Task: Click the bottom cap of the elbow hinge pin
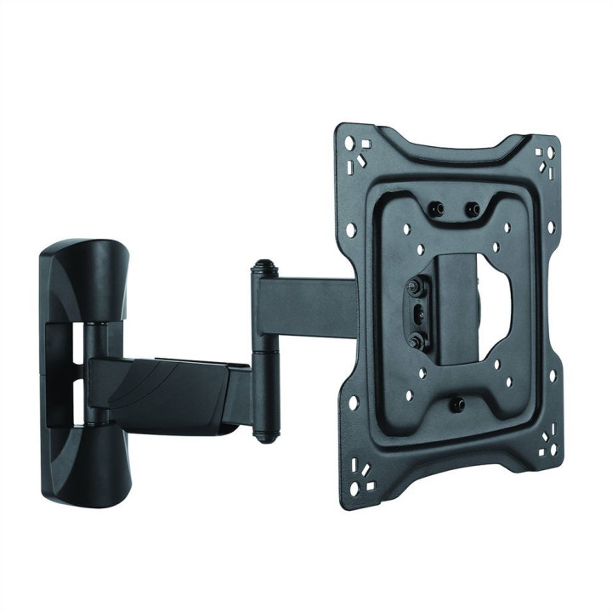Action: point(264,435)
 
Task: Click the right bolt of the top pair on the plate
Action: point(473,207)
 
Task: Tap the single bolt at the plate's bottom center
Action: point(456,405)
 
